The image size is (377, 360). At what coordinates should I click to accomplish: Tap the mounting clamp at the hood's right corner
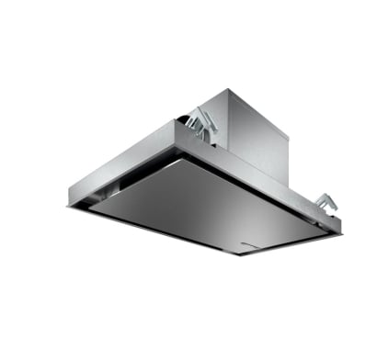pos(324,201)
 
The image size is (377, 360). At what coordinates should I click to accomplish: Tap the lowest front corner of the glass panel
pos(241,254)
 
